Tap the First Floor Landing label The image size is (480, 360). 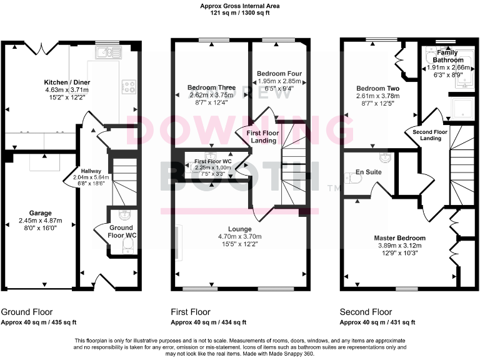tap(262, 137)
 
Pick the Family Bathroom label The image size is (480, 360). tap(450, 56)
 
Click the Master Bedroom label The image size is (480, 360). tap(399, 238)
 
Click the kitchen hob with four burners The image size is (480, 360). tap(129, 86)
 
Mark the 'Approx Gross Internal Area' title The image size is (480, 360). tap(239, 6)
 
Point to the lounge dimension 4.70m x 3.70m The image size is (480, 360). tap(240, 237)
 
